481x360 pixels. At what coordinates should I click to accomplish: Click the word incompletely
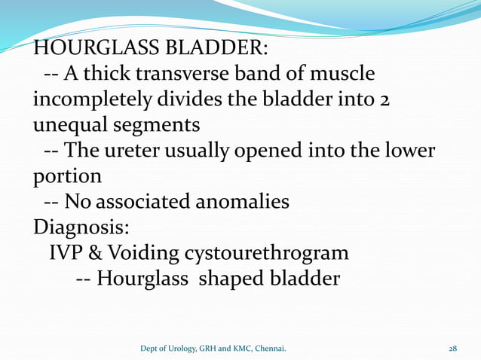(90, 99)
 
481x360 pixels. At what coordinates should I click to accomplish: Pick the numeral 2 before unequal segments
(384, 100)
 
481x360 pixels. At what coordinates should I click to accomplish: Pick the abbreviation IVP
(67, 252)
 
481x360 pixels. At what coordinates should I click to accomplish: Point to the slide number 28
(453, 348)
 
